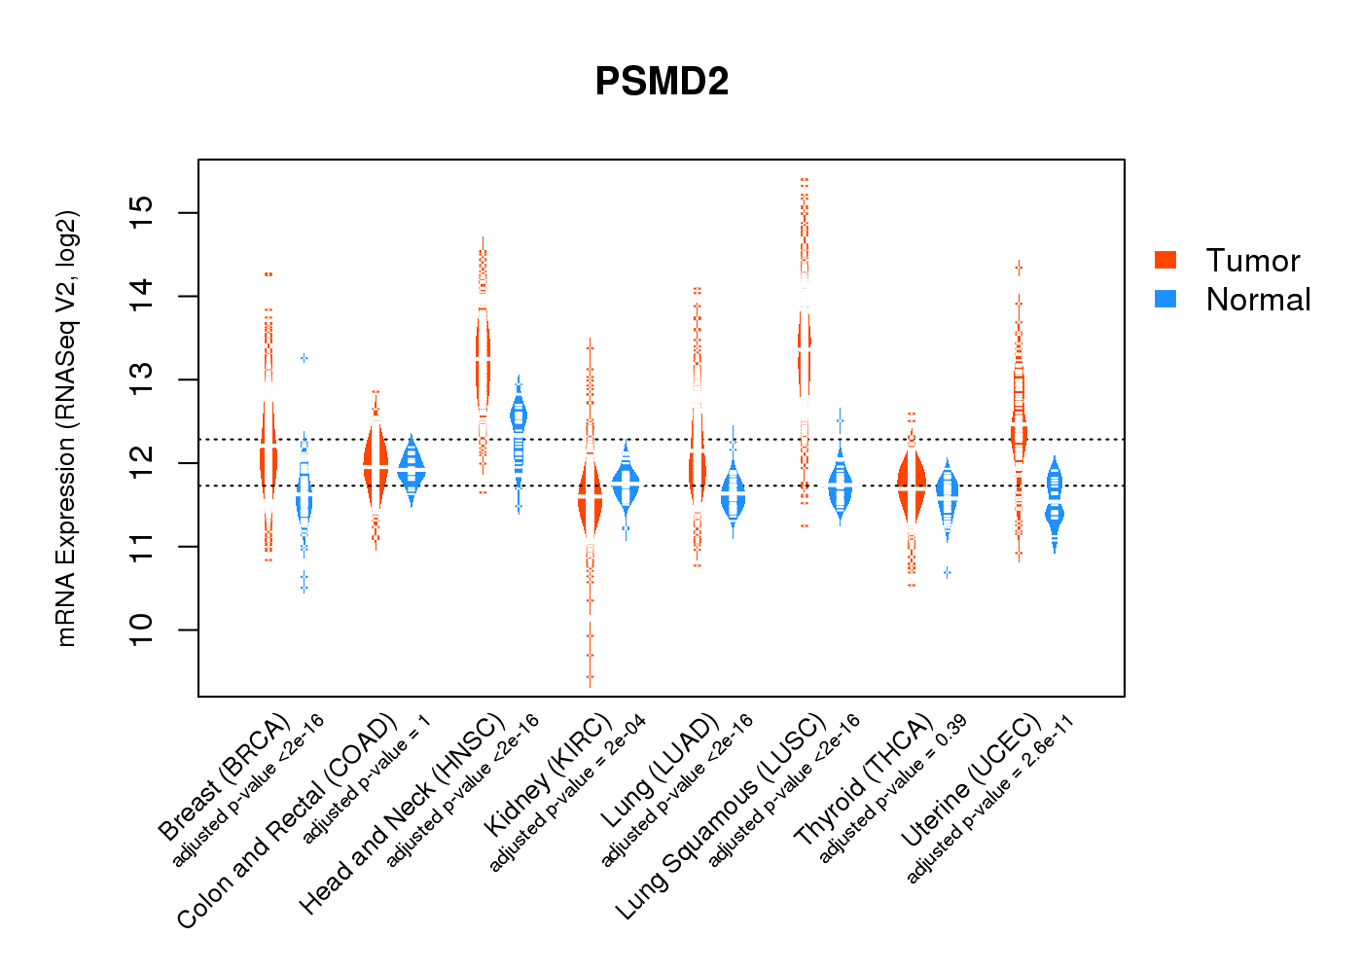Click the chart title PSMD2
point(662,82)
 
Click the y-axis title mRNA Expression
point(66,428)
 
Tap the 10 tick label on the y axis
point(142,630)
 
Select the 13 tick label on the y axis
point(142,379)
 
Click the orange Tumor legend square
point(1165,260)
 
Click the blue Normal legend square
point(1165,299)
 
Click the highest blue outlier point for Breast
point(305,358)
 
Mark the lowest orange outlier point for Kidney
point(590,677)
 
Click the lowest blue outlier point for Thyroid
point(947,573)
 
